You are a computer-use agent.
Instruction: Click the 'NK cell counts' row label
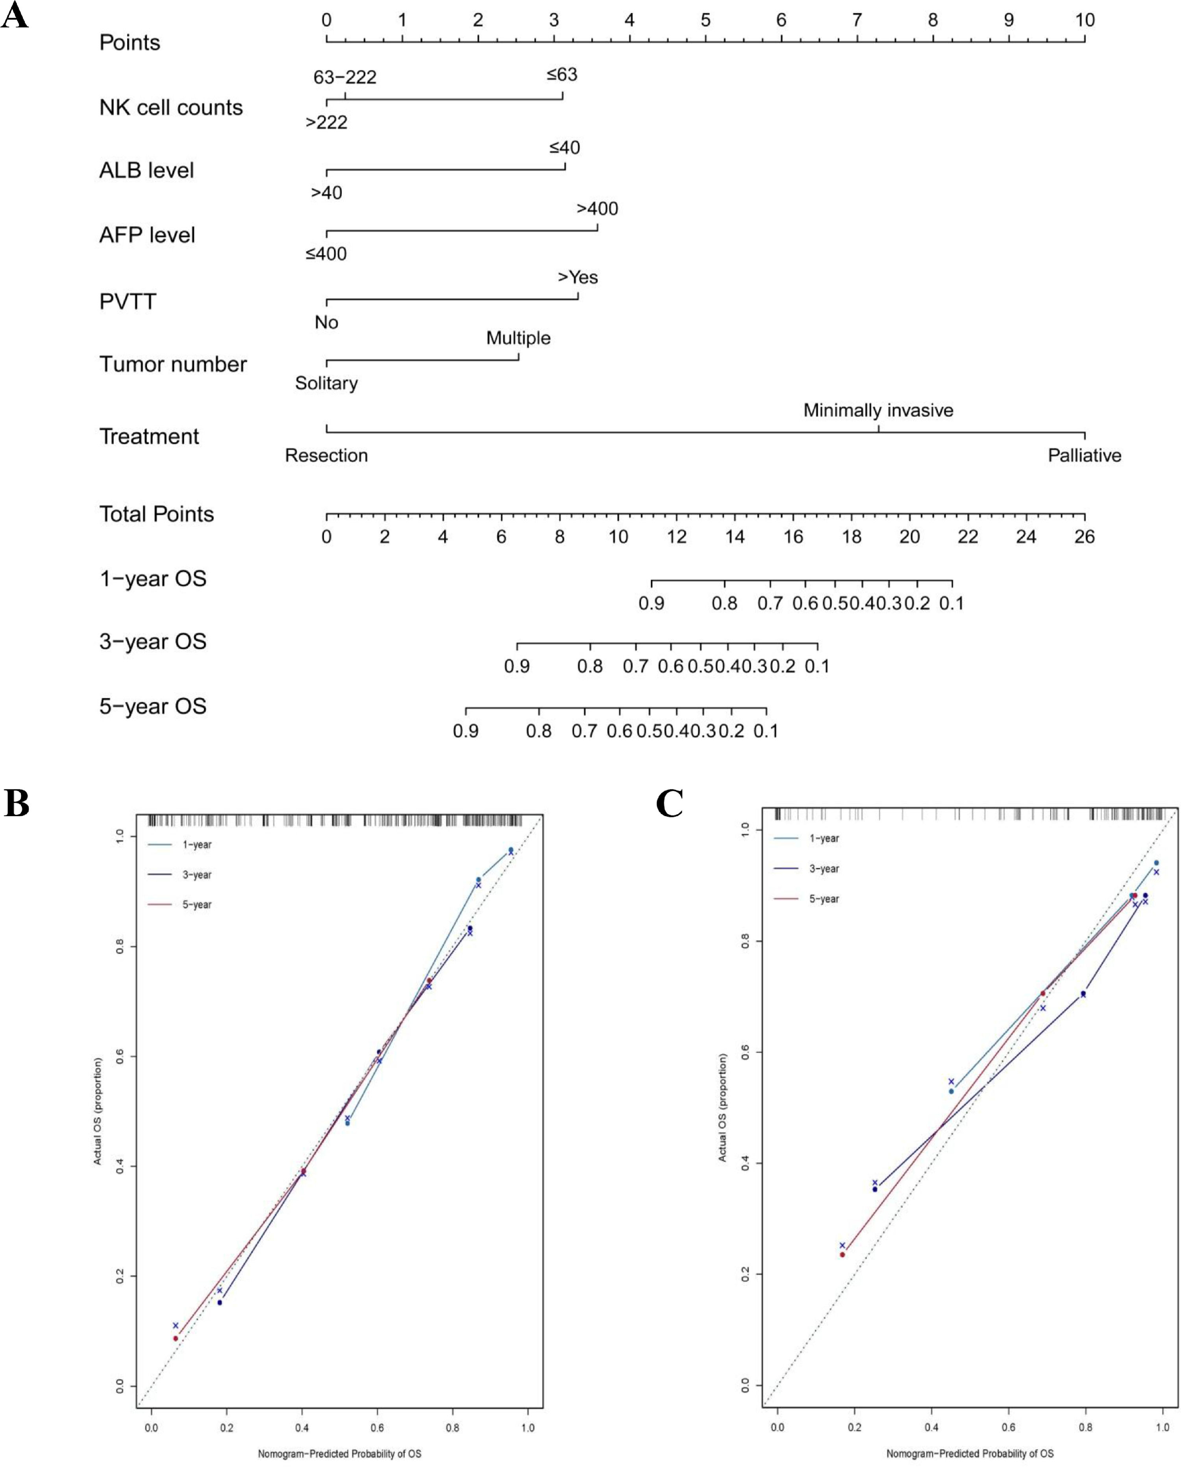(x=171, y=107)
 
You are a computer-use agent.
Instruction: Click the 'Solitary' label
(x=326, y=383)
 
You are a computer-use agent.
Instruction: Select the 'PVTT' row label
(x=128, y=302)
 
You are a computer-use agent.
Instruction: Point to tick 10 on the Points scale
(x=1085, y=39)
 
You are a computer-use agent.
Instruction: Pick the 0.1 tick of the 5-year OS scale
(x=766, y=710)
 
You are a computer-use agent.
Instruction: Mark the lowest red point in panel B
(x=176, y=1338)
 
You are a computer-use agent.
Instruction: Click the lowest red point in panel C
(x=842, y=1255)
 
